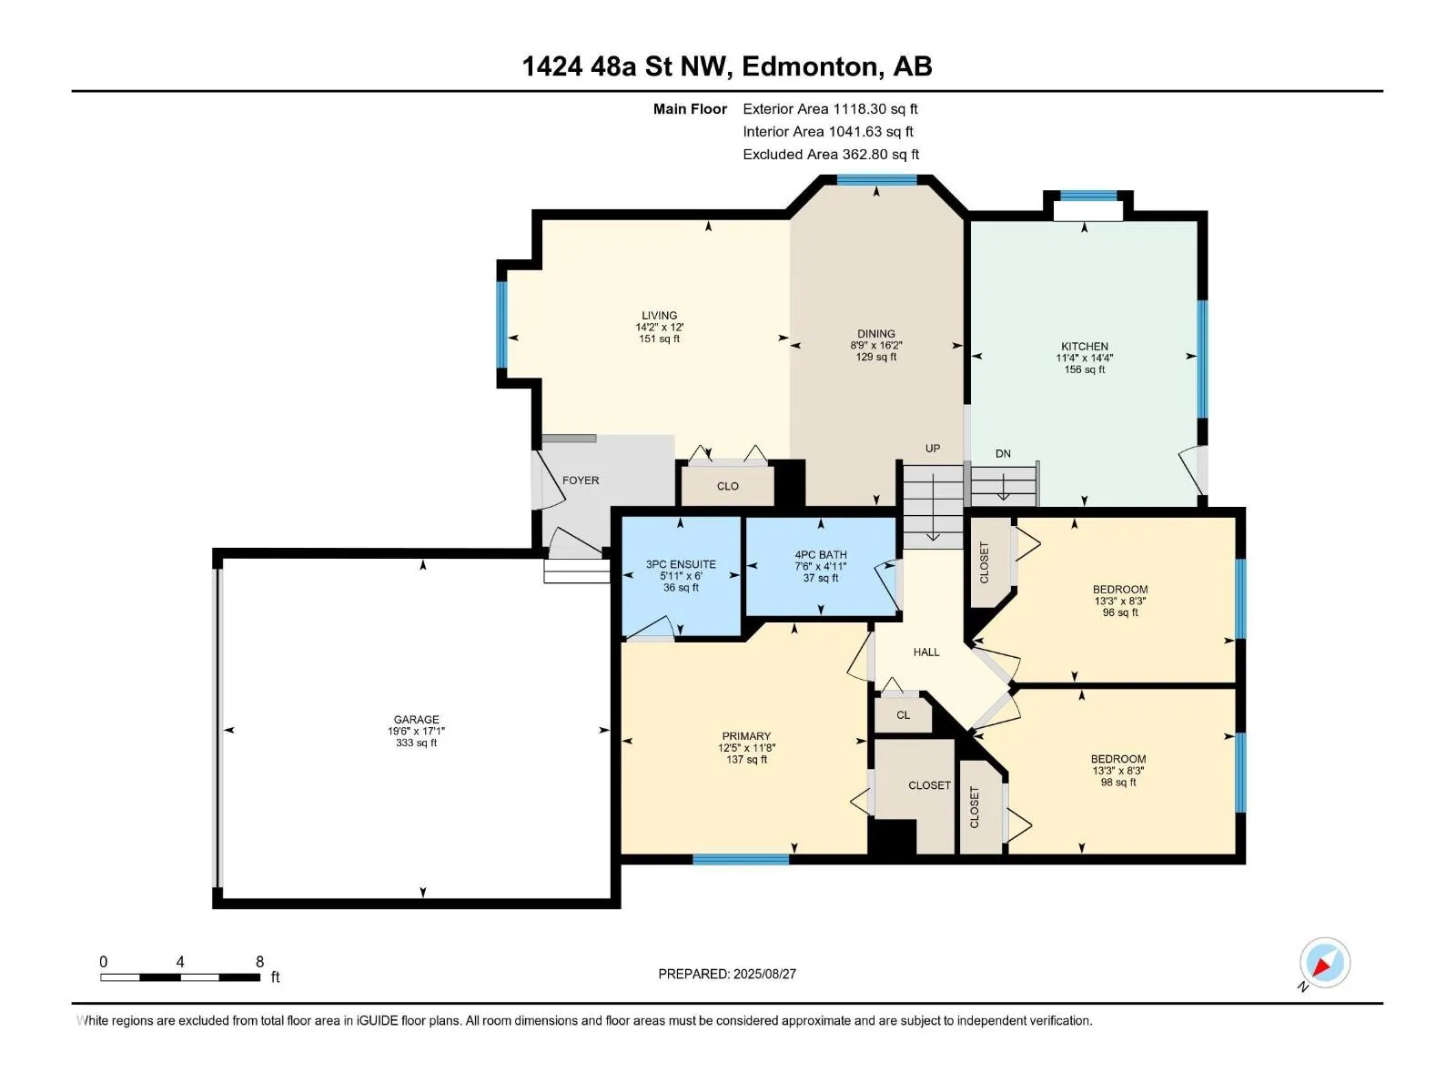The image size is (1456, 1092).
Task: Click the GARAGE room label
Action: pos(416,720)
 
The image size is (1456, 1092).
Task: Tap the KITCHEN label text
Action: pos(1084,346)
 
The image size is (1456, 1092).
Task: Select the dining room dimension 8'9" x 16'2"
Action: pos(875,346)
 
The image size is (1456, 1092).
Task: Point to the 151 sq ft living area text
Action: pos(659,339)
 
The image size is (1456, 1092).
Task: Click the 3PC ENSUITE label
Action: pos(681,564)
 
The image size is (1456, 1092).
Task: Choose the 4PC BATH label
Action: pos(821,555)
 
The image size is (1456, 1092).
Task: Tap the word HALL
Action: pos(926,652)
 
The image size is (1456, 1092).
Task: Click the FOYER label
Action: pos(581,480)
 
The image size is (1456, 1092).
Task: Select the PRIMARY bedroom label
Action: pos(746,736)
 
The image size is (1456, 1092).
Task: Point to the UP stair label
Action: pos(932,449)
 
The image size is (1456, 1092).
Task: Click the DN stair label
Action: pos(1002,454)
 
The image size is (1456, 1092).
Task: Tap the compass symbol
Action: pos(1324,964)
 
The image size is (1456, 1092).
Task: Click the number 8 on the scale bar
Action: pos(259,962)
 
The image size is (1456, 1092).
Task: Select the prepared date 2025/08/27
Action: pos(764,974)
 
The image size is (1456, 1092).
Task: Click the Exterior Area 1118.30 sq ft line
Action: pos(830,109)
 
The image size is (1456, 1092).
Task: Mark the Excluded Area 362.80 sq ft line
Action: pos(831,155)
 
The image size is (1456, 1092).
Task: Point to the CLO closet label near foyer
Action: pos(727,487)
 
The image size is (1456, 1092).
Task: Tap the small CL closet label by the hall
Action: pos(903,715)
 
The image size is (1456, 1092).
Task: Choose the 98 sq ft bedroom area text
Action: pos(1117,783)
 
